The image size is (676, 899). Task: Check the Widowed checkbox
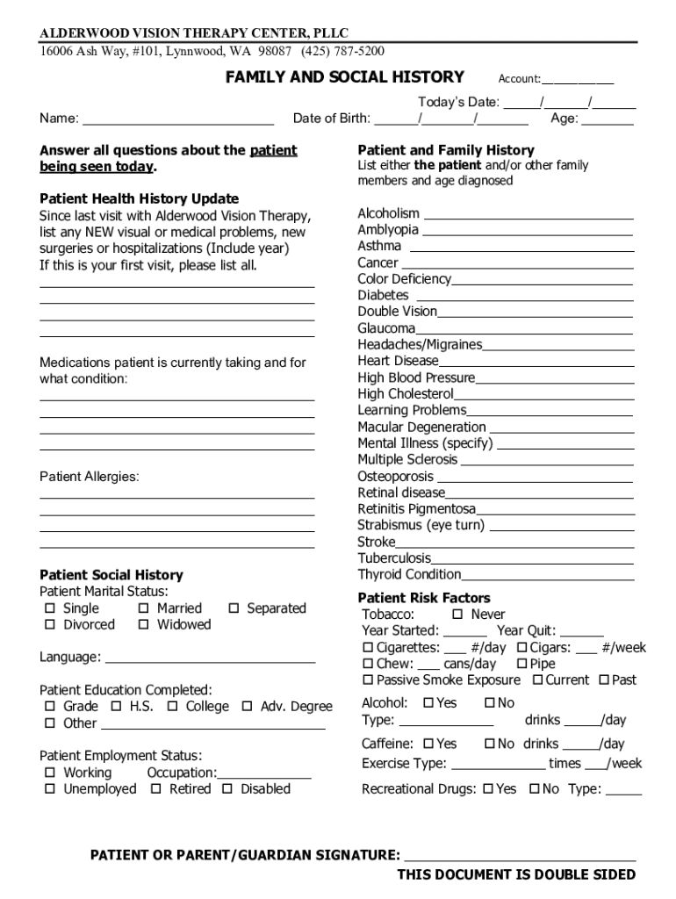[143, 625]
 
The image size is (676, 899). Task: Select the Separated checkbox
[233, 608]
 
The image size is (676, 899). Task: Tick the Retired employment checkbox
[155, 789]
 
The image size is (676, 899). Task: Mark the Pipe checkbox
[521, 665]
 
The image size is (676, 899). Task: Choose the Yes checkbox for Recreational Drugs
[487, 789]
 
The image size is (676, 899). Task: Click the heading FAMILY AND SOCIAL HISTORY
[344, 77]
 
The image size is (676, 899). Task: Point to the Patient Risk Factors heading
[424, 598]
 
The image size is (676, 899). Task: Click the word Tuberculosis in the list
[394, 558]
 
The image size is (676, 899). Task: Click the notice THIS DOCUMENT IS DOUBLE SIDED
[516, 874]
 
